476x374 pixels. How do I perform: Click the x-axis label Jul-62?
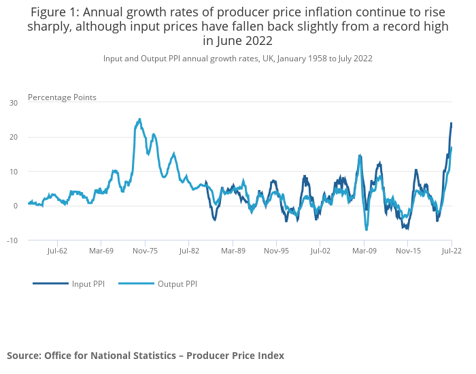(x=57, y=251)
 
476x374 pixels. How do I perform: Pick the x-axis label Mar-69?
(x=101, y=251)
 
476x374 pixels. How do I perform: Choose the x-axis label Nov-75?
(x=145, y=251)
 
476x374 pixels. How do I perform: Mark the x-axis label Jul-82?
(x=189, y=251)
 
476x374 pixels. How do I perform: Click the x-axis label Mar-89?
(x=233, y=251)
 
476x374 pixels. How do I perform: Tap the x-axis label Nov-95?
(x=276, y=251)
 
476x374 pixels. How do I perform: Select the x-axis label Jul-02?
(x=320, y=251)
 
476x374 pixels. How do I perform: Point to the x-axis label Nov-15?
(x=408, y=251)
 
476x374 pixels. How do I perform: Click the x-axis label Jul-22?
(x=452, y=251)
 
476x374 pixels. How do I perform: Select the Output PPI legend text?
(x=177, y=283)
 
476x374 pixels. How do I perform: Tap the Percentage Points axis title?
(x=62, y=97)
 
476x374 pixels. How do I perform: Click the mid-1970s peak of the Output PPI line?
(x=139, y=119)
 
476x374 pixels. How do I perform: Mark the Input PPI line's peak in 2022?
(x=451, y=123)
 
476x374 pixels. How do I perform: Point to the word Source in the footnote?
(x=23, y=356)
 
